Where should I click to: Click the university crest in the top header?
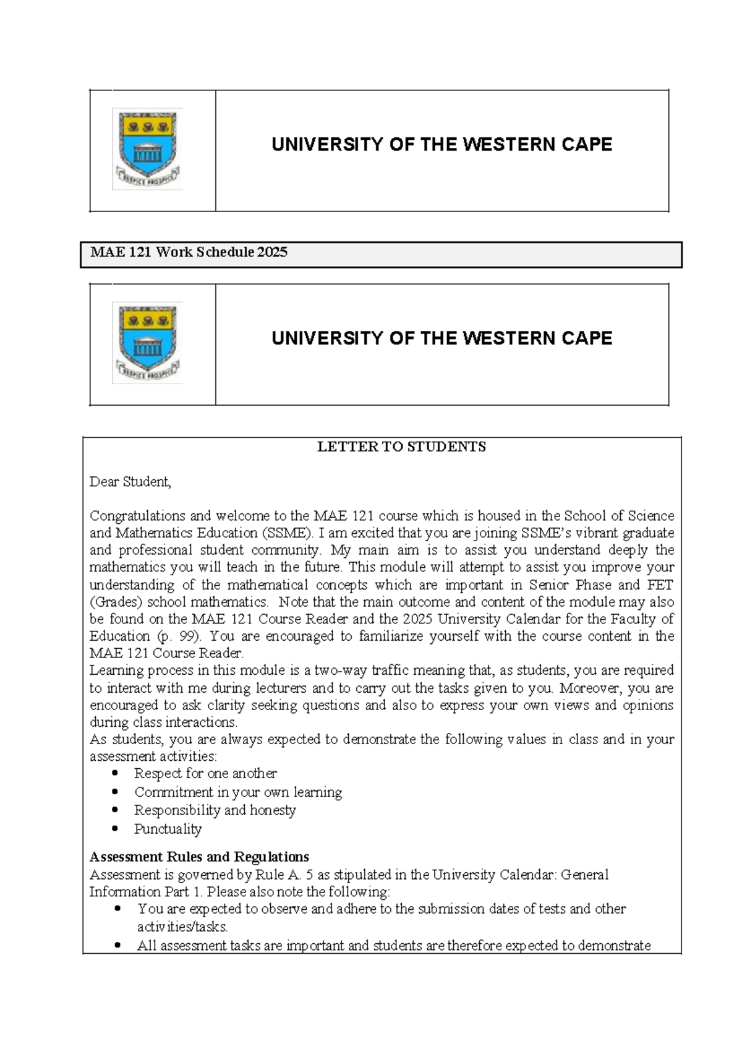point(147,148)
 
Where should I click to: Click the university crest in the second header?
point(147,343)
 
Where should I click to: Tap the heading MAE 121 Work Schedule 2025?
point(189,252)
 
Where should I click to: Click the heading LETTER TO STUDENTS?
point(401,447)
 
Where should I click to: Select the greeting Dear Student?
point(130,482)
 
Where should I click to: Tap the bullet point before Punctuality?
point(115,828)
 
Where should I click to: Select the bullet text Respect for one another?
point(205,774)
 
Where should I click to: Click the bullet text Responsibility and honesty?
point(215,810)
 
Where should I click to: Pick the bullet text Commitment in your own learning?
point(238,792)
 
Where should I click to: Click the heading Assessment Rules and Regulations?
point(199,857)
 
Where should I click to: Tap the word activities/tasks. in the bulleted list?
point(182,927)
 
